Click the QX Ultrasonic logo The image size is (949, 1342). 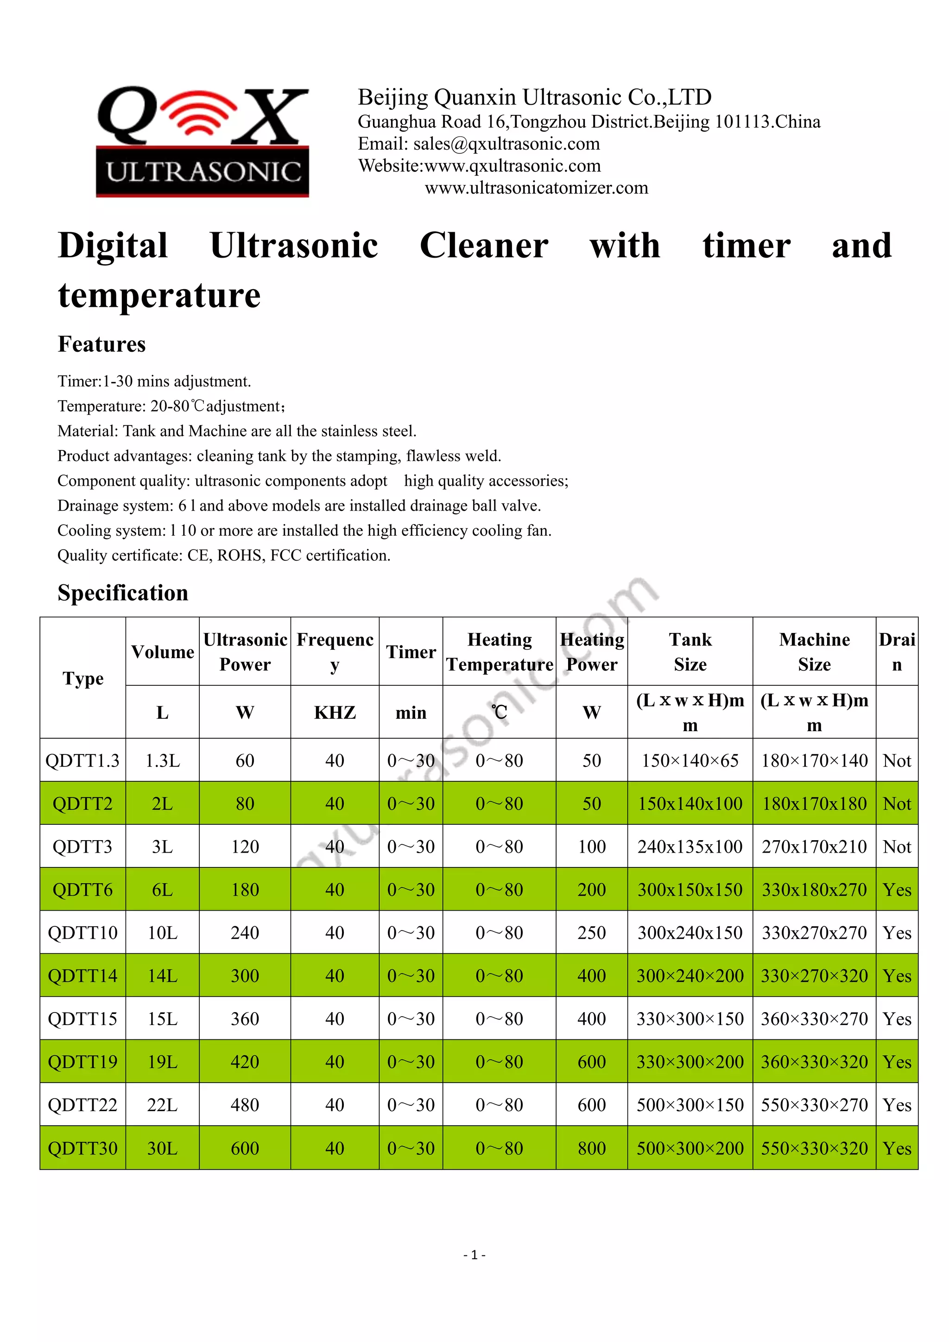coord(202,141)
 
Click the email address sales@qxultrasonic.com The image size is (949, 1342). coord(506,144)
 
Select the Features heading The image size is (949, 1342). coord(101,344)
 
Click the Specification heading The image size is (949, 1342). coord(123,593)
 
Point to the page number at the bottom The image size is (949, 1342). coord(474,1254)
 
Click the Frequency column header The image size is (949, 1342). coord(335,652)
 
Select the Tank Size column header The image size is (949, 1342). coord(690,652)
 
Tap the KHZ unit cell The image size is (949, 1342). coord(335,713)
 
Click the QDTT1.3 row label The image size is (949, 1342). coord(82,760)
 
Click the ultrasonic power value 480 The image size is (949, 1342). coord(245,1105)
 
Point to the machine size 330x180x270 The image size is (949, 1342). coord(814,890)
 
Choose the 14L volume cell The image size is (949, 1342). coord(163,975)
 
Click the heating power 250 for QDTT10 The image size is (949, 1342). coord(591,933)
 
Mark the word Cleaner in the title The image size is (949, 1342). coord(484,246)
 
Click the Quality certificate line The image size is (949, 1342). coord(224,555)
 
